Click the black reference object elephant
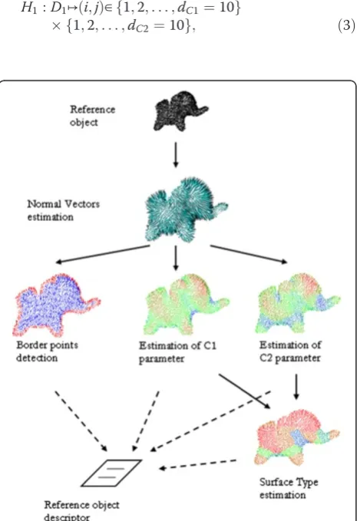(180, 111)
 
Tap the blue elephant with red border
(54, 304)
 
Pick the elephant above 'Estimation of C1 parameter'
(186, 303)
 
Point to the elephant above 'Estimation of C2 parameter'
(297, 303)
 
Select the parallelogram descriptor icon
(112, 473)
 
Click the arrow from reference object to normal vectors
(176, 155)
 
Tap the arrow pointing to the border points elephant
(103, 254)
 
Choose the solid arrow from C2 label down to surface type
(296, 387)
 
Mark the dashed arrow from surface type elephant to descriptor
(198, 464)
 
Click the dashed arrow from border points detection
(81, 421)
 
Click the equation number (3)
(346, 25)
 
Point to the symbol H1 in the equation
(28, 8)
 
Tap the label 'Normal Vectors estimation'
(63, 210)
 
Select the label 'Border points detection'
(47, 351)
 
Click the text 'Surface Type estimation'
(289, 489)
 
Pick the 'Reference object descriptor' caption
(82, 511)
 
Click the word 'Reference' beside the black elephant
(92, 109)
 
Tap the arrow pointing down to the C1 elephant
(176, 258)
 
